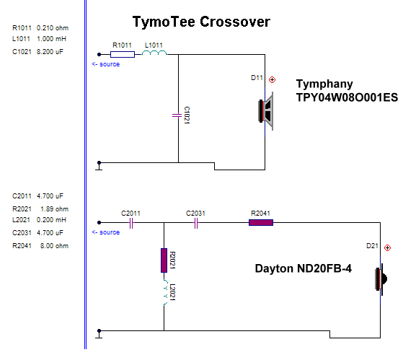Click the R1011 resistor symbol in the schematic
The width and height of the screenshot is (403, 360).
point(123,54)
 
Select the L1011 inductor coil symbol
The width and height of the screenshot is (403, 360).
point(154,53)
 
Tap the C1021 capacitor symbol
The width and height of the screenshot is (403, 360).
point(177,115)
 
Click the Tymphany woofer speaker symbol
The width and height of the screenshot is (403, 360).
point(266,111)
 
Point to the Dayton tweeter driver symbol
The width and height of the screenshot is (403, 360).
point(381,279)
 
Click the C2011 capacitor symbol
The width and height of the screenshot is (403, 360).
point(131,223)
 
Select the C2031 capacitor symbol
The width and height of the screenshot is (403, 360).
point(196,223)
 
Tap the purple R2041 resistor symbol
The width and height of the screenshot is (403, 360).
point(261,222)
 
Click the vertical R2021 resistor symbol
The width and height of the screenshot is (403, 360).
point(164,260)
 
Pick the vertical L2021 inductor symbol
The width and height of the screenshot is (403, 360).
point(165,292)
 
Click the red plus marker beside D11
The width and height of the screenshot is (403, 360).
point(272,79)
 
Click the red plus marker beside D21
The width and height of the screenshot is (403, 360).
point(387,248)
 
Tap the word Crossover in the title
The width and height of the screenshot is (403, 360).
point(235,22)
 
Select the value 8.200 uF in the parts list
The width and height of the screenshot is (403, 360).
point(50,52)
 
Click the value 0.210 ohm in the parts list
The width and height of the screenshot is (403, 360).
point(53,27)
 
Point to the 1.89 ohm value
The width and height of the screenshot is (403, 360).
point(55,208)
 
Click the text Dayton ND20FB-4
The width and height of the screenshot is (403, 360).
point(304,268)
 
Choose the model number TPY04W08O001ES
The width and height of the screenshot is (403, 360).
point(347,97)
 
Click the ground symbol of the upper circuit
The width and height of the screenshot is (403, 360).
point(99,166)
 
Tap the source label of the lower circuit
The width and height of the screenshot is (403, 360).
point(106,232)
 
